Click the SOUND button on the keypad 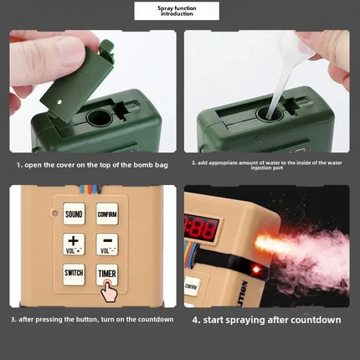(75, 213)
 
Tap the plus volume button (75, 244)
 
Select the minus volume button (107, 244)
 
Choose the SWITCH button (75, 272)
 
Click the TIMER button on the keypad (107, 272)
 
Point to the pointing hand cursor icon (109, 292)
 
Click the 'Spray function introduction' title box (177, 11)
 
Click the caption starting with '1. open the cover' (92, 165)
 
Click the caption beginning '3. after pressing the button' (92, 319)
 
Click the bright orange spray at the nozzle (268, 245)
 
